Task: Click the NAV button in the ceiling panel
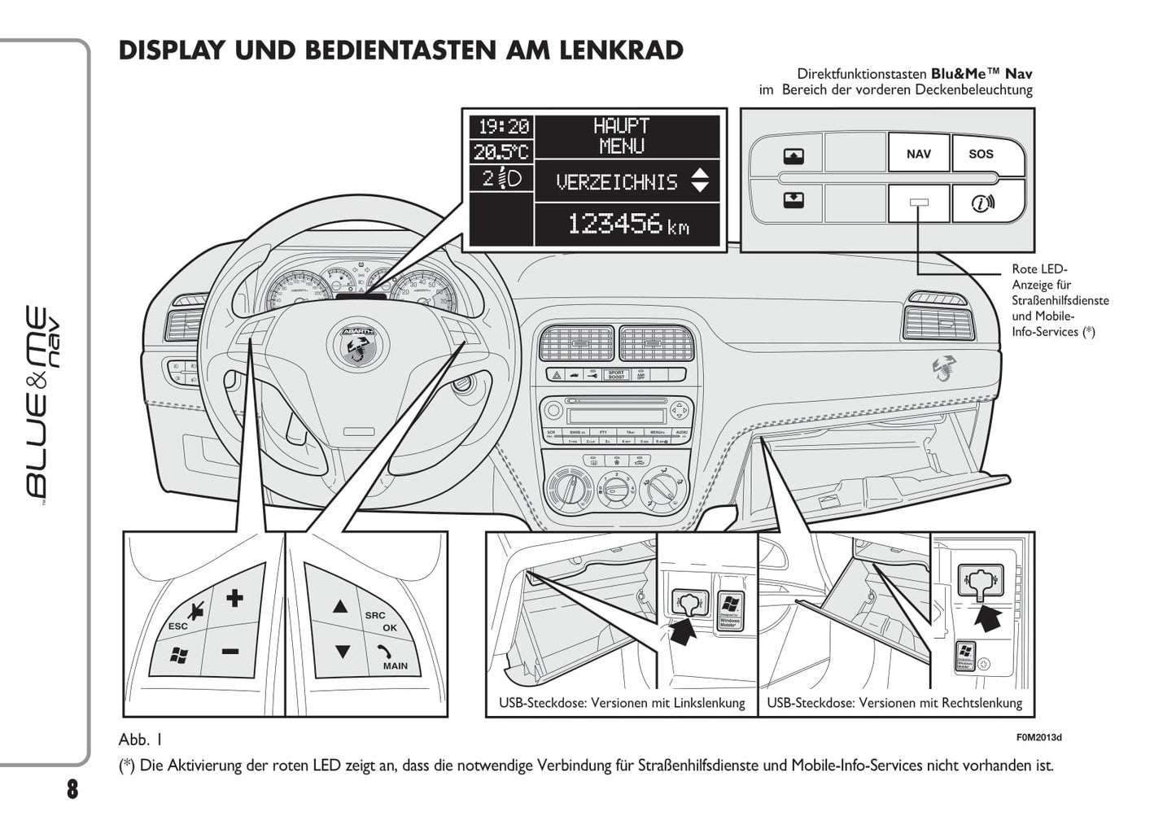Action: coord(918,154)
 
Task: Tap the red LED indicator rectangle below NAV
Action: coord(918,203)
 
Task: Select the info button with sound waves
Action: coord(982,203)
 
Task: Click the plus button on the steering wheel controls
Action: coord(234,599)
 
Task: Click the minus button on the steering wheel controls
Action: coord(230,651)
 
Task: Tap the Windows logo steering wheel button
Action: coord(178,654)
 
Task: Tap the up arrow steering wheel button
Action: coord(340,606)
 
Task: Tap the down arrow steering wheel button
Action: coord(342,652)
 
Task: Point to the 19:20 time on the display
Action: coord(503,127)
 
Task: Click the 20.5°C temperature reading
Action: coord(501,151)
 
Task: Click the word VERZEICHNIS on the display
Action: coord(616,182)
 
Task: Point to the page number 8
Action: coord(72,788)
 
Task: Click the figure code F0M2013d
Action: coord(1038,738)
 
